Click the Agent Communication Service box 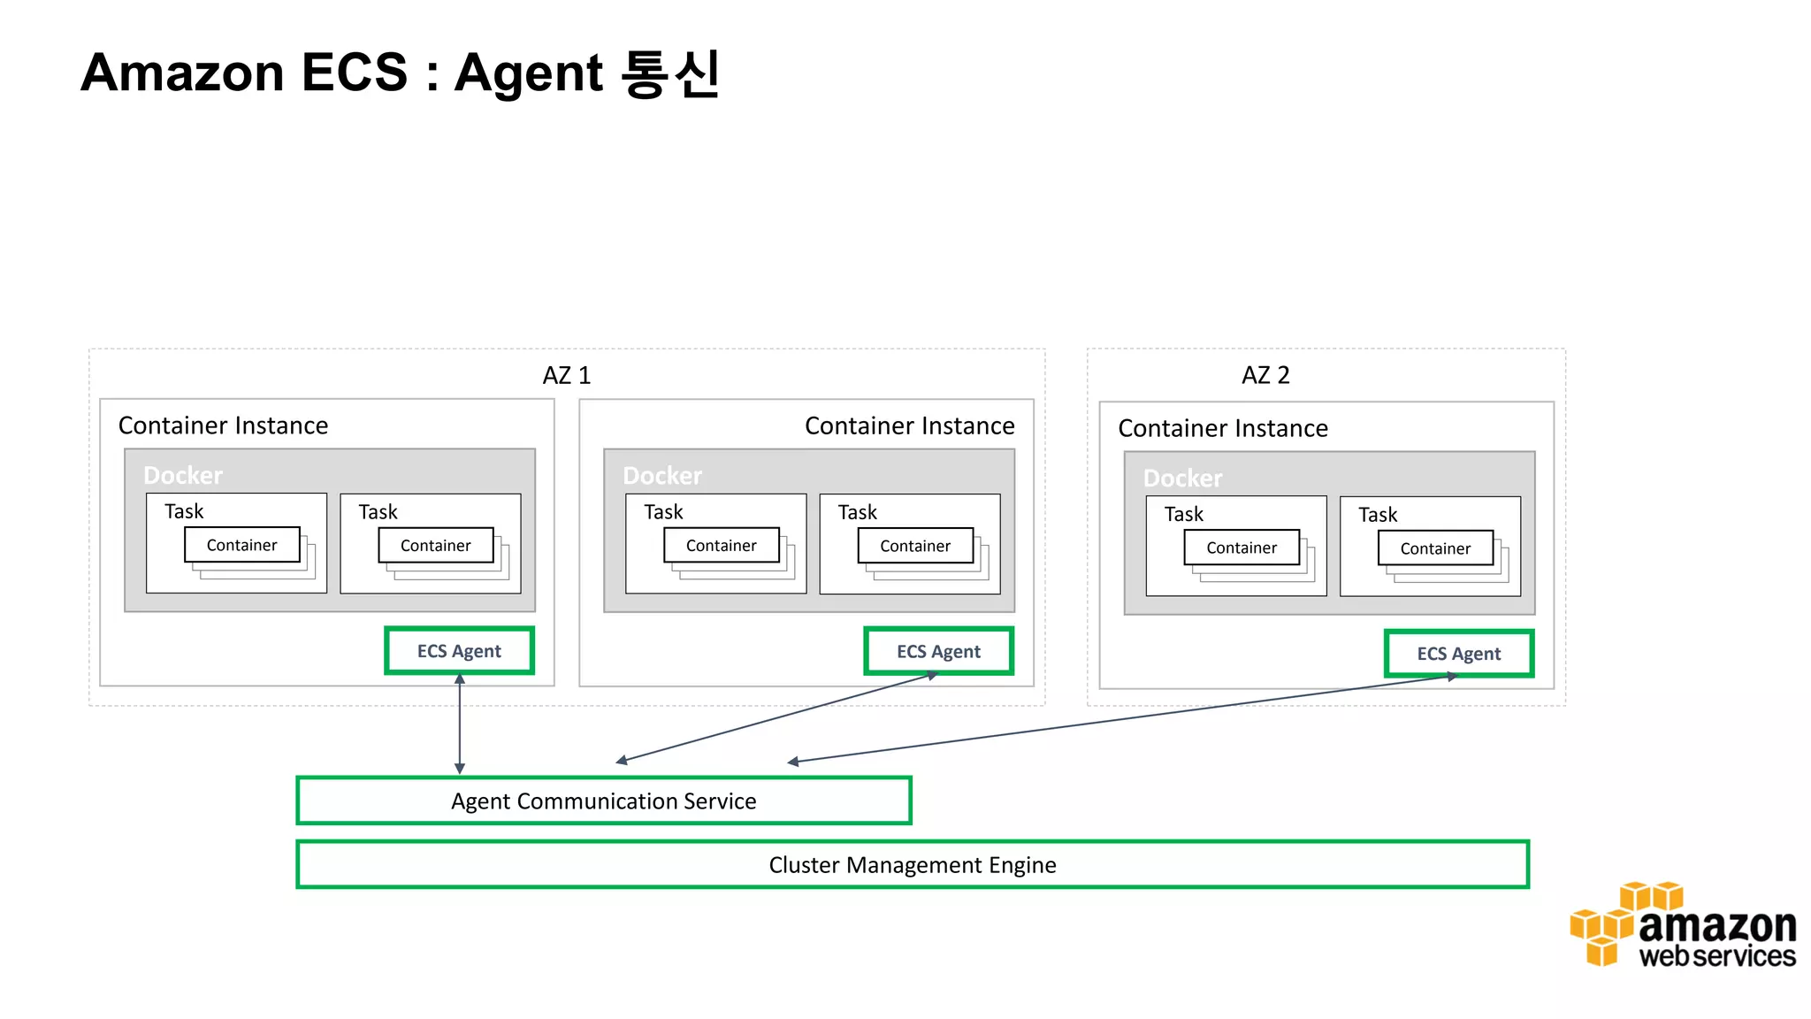603,801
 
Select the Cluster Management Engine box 912,864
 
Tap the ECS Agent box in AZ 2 1458,654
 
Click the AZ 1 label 566,375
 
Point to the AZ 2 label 1265,375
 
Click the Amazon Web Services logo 1682,925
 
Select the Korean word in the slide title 671,73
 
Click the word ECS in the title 354,73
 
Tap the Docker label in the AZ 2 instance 1182,479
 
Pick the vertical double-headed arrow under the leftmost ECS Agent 460,724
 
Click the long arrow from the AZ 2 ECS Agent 1123,719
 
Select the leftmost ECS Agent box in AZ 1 459,651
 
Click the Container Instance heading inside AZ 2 1222,428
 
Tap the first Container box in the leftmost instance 241,545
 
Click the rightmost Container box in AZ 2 1435,548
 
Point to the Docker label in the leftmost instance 183,476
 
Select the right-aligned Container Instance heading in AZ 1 909,425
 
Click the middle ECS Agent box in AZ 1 938,652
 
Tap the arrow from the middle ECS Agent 776,717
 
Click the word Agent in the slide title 528,73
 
